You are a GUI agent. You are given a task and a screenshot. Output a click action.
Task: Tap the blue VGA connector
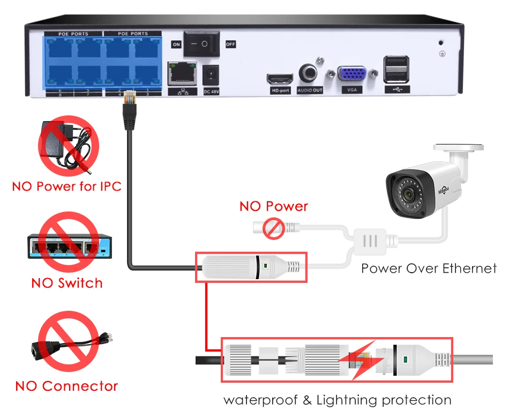(x=351, y=75)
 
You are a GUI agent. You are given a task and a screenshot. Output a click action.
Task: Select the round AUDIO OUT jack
(x=309, y=73)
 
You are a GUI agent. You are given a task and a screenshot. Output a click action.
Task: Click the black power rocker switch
(x=202, y=44)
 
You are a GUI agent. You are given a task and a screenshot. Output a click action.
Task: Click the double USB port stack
(x=396, y=69)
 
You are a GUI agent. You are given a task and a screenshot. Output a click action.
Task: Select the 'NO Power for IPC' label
(x=67, y=187)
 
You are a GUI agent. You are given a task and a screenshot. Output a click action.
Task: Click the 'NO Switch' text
(x=67, y=283)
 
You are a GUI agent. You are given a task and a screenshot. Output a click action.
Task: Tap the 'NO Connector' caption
(x=66, y=386)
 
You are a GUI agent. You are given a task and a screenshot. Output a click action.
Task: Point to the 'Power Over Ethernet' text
(x=429, y=268)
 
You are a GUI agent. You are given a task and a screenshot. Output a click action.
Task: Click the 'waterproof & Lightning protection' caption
(x=338, y=400)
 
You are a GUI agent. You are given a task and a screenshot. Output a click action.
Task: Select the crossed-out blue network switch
(x=67, y=246)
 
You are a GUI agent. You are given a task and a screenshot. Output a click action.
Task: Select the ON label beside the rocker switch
(x=176, y=45)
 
